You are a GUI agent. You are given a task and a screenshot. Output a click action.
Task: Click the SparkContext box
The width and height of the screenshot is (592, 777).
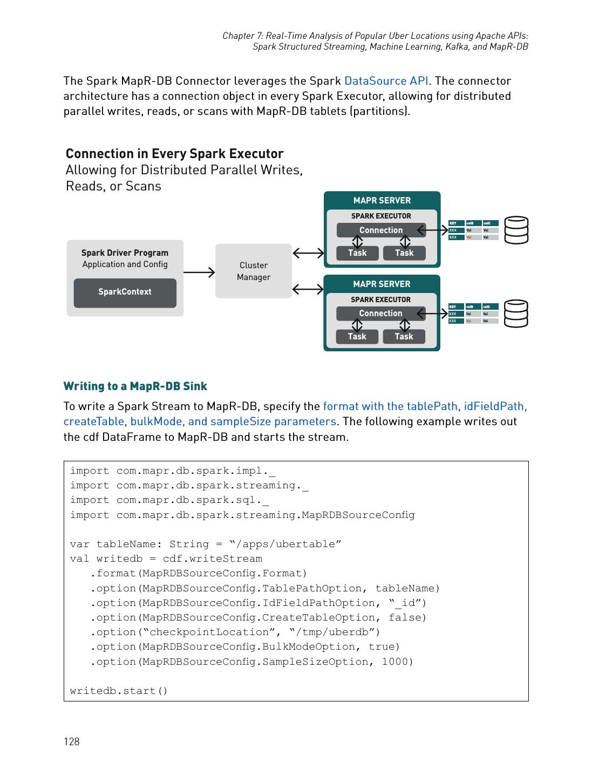(125, 292)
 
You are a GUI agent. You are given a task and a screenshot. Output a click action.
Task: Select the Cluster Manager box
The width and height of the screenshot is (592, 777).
(253, 271)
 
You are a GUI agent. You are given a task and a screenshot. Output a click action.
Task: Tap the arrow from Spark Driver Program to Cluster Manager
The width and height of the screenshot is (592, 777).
(199, 272)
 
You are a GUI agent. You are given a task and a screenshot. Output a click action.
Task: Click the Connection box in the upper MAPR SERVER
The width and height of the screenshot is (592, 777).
(381, 230)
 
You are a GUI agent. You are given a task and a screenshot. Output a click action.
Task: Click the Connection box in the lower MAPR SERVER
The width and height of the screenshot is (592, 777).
(380, 313)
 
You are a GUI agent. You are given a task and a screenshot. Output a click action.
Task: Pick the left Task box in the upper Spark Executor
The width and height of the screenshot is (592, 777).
(357, 253)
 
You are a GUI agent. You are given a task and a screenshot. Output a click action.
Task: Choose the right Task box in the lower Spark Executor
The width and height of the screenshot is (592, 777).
(404, 337)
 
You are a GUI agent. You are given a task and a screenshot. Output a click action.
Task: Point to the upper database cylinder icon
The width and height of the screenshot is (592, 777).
(516, 230)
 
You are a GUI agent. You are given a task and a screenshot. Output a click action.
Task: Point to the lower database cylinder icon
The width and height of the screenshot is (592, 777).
(516, 313)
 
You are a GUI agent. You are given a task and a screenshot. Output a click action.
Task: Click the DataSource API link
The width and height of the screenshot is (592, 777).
(386, 81)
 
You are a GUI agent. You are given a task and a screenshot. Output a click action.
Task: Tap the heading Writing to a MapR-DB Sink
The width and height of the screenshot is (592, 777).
(135, 386)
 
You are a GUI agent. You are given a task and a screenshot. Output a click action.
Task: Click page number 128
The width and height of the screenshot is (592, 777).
(71, 741)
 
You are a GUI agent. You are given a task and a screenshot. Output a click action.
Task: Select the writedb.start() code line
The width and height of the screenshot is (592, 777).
(119, 691)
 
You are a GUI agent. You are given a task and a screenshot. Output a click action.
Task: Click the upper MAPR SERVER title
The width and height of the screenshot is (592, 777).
(382, 201)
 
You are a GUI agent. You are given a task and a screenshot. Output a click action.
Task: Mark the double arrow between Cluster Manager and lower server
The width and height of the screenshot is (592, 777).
(308, 290)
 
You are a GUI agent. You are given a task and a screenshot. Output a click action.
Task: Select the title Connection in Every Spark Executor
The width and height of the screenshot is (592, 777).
(174, 154)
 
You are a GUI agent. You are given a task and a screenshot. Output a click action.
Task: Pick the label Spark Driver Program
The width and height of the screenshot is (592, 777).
(125, 253)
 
